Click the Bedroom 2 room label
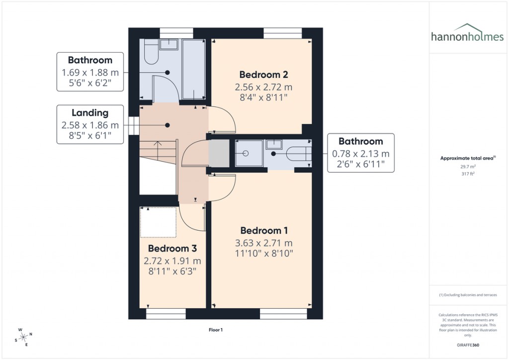[x=263, y=75]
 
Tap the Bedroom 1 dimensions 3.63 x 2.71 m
[x=263, y=243]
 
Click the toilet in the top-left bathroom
[x=150, y=53]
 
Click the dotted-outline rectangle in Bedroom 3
[x=158, y=222]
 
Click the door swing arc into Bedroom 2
[x=221, y=119]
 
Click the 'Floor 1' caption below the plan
[x=215, y=330]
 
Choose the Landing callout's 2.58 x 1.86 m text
[x=90, y=125]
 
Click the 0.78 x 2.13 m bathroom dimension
[x=360, y=154]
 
